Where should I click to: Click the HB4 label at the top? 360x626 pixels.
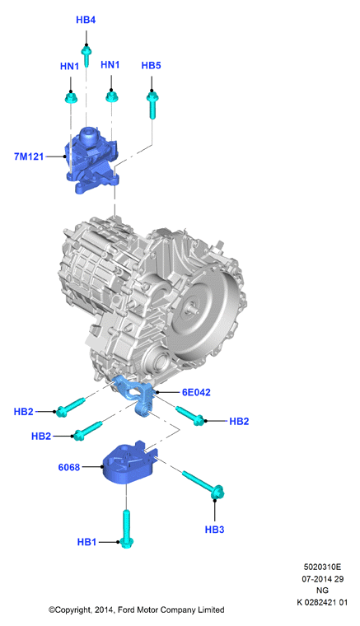click(x=86, y=20)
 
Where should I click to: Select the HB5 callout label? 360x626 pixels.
click(x=151, y=65)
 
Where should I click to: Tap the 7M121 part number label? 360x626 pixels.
click(x=29, y=156)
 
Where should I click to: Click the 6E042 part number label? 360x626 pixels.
click(x=196, y=392)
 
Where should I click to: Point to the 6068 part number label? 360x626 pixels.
click(x=69, y=467)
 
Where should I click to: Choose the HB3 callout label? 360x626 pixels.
click(x=214, y=530)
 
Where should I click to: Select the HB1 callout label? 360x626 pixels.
click(x=86, y=542)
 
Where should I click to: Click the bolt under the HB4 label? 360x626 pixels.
click(x=86, y=56)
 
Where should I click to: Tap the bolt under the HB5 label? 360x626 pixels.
click(x=152, y=105)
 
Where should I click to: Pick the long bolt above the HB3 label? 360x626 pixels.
click(x=203, y=484)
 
